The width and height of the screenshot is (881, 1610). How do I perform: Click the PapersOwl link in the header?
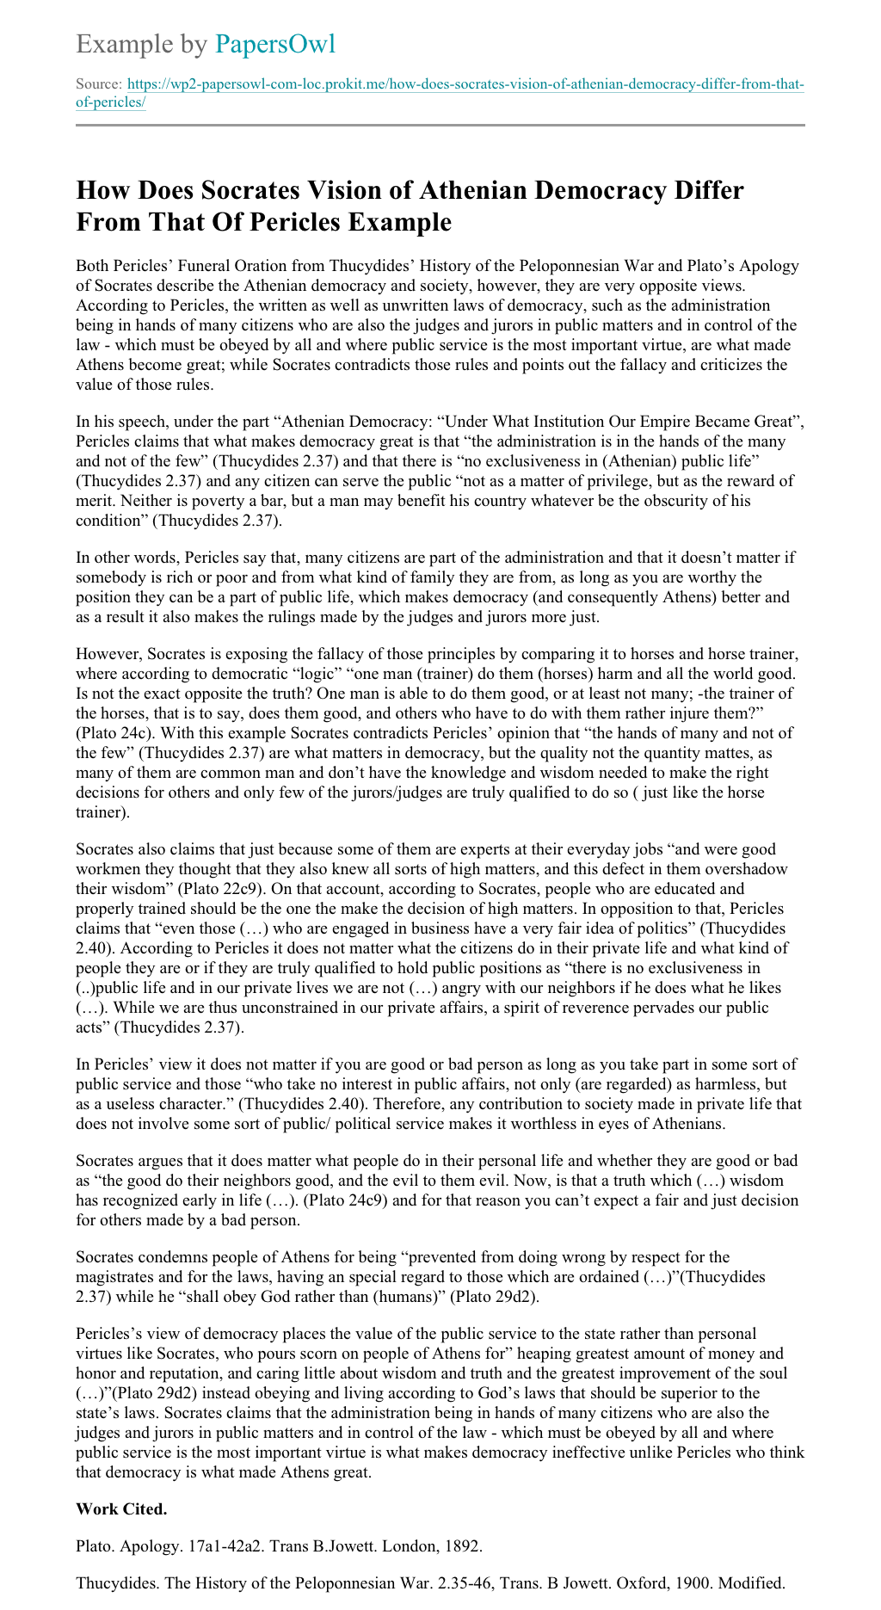274,44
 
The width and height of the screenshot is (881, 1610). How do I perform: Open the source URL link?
465,85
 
